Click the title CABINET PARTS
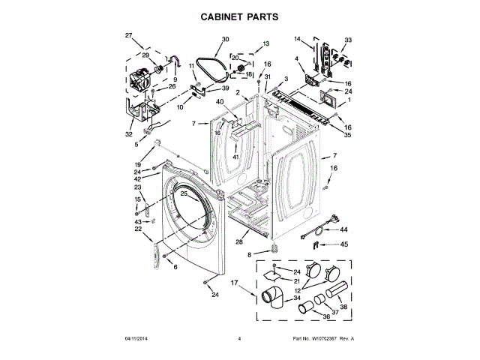click(x=240, y=16)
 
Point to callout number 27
click(x=128, y=36)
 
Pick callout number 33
click(x=347, y=39)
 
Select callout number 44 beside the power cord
click(x=344, y=229)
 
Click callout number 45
click(x=344, y=244)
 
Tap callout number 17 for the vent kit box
click(x=234, y=283)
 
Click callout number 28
click(x=238, y=241)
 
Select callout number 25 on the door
click(x=184, y=193)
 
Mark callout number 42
click(x=137, y=179)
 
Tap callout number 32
click(x=128, y=135)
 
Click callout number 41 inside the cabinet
click(x=235, y=157)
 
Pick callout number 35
click(x=347, y=136)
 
